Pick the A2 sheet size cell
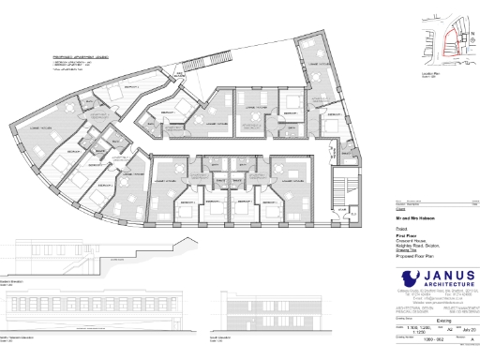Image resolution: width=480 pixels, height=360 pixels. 449,330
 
